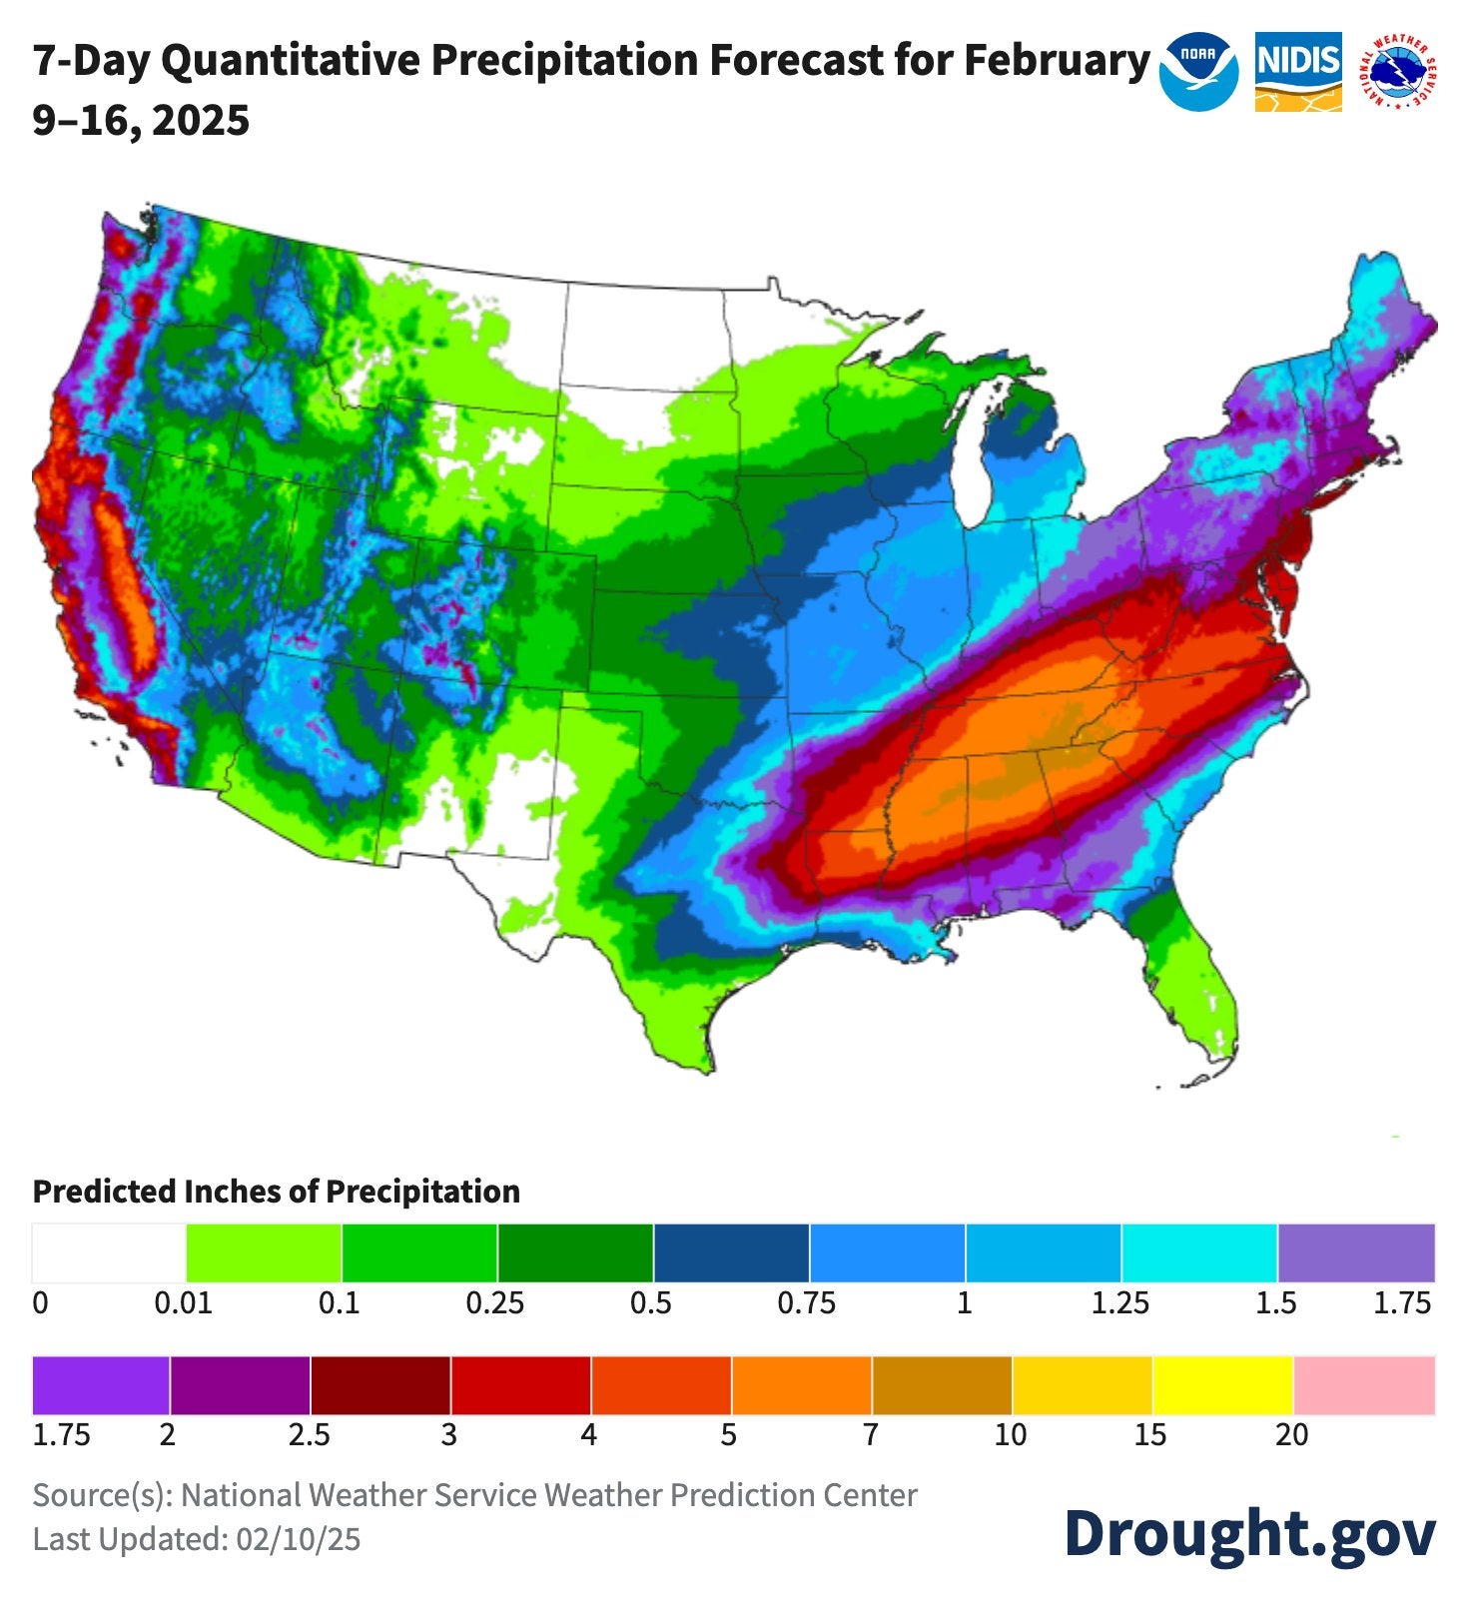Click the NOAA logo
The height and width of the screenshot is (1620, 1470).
pyautogui.click(x=1198, y=72)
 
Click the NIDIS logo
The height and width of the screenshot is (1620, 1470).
pyautogui.click(x=1297, y=72)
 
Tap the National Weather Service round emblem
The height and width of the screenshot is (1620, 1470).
pyautogui.click(x=1403, y=72)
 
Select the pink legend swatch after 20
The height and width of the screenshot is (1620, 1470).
pyautogui.click(x=1364, y=1385)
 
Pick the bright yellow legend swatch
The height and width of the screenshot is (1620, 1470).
pyautogui.click(x=1223, y=1385)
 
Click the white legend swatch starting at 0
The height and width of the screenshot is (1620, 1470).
pyautogui.click(x=109, y=1252)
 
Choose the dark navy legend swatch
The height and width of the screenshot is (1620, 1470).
pyautogui.click(x=731, y=1252)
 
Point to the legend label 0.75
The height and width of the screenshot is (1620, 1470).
pyautogui.click(x=806, y=1303)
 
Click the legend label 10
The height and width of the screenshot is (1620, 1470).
pyautogui.click(x=1010, y=1435)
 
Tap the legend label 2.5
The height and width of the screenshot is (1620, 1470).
pyautogui.click(x=309, y=1435)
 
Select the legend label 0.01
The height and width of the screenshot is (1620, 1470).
pyautogui.click(x=183, y=1303)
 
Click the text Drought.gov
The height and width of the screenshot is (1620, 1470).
pyautogui.click(x=1249, y=1533)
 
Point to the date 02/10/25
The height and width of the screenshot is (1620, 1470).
pyautogui.click(x=298, y=1539)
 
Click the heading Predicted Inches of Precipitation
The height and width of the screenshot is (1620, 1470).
pyautogui.click(x=277, y=1192)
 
